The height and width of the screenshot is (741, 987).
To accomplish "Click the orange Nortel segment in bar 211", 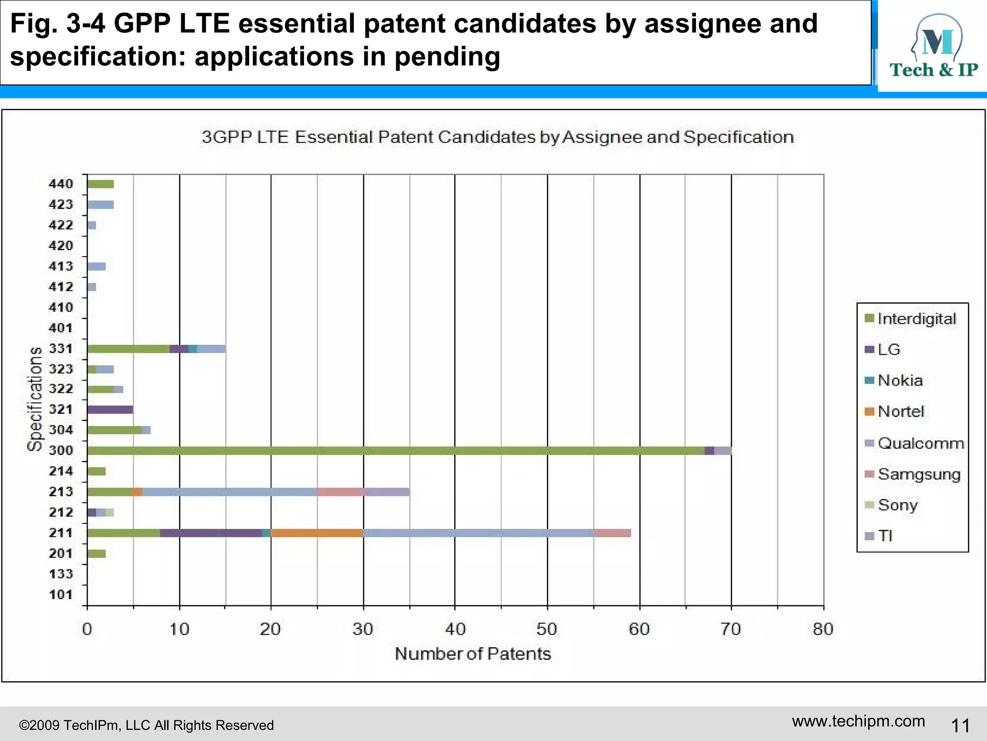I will point(317,533).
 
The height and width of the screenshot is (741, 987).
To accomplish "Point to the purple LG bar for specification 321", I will point(110,410).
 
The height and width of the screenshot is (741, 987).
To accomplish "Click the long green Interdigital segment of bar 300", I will point(395,451).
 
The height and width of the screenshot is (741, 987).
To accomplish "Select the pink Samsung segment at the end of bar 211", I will point(613,533).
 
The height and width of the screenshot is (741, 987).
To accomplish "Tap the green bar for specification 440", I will point(101,184).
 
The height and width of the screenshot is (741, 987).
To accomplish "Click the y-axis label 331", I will point(61,348).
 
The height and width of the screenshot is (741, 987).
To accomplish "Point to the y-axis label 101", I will point(61,594).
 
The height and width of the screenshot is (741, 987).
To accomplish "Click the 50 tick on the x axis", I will point(547,629).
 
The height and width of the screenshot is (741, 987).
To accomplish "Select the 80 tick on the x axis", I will point(823,629).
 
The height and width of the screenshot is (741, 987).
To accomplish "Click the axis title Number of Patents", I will point(472,654).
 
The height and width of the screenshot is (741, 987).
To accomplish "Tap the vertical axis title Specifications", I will point(35,399).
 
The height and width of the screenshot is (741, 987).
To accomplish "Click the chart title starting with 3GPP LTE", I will point(497,137).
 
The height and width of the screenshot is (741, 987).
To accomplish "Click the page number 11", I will point(960,725).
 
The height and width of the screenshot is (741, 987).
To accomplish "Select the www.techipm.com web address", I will point(858,721).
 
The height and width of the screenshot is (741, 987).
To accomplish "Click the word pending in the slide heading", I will point(447,56).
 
